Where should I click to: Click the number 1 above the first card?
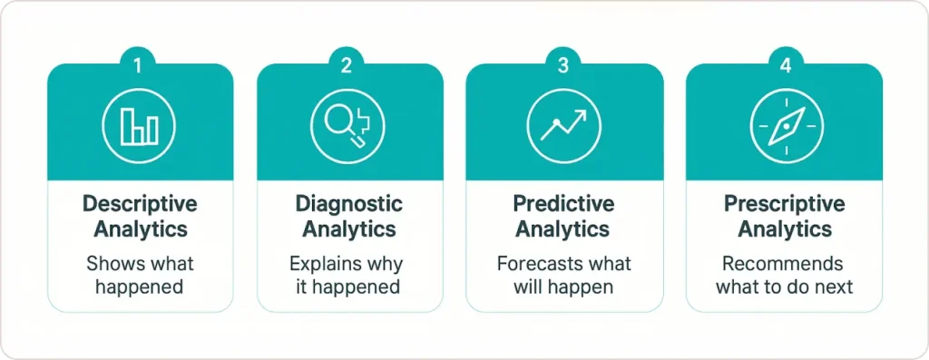point(139,65)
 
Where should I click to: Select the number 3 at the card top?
point(563,65)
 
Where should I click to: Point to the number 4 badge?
point(783,65)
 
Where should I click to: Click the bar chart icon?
point(139,127)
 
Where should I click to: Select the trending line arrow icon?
point(562,126)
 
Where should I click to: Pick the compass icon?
point(783,126)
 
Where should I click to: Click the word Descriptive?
point(140,203)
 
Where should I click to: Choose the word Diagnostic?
point(350,203)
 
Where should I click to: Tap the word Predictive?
point(563,203)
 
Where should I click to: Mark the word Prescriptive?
point(783,203)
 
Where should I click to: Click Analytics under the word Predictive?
point(563,229)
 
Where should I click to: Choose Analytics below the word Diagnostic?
point(350,229)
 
